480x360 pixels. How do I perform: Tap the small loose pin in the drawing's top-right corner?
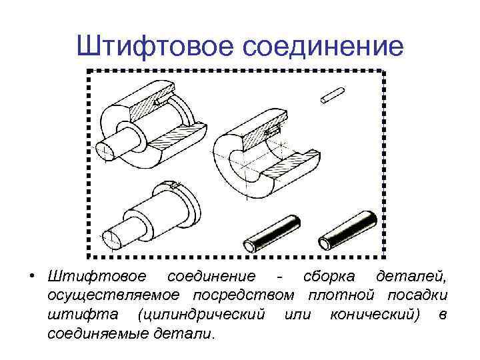pyautogui.click(x=331, y=95)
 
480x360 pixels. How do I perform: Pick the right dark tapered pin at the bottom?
pyautogui.click(x=348, y=230)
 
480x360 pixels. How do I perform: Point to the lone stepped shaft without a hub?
pyautogui.click(x=147, y=213)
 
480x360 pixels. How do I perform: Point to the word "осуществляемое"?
pyautogui.click(x=115, y=295)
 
